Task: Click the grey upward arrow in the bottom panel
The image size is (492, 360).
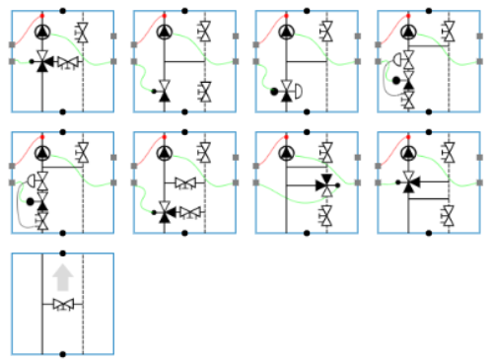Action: pos(62,277)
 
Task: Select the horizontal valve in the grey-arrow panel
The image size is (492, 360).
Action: pos(62,305)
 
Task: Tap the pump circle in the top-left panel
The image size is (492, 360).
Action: pos(42,32)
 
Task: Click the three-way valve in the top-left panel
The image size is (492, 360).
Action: pos(42,63)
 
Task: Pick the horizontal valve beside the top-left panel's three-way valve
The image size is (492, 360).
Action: pos(67,63)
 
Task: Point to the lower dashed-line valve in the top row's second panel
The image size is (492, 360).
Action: pos(204,93)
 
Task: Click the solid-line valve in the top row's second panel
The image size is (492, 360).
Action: pos(164,94)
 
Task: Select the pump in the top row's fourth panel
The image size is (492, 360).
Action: pos(408,32)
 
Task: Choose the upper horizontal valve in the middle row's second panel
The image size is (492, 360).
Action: pos(185,183)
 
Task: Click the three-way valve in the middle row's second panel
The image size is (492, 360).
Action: pos(166,210)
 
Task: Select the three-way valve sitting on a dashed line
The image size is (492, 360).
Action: pos(325,183)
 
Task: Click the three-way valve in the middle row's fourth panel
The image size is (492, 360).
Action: pos(407,182)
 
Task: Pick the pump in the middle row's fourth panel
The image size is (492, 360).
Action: pos(408,153)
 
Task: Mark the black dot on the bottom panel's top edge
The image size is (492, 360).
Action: pos(62,253)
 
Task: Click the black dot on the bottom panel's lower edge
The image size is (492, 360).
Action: pos(62,354)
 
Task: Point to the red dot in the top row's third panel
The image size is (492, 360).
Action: pos(287,18)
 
